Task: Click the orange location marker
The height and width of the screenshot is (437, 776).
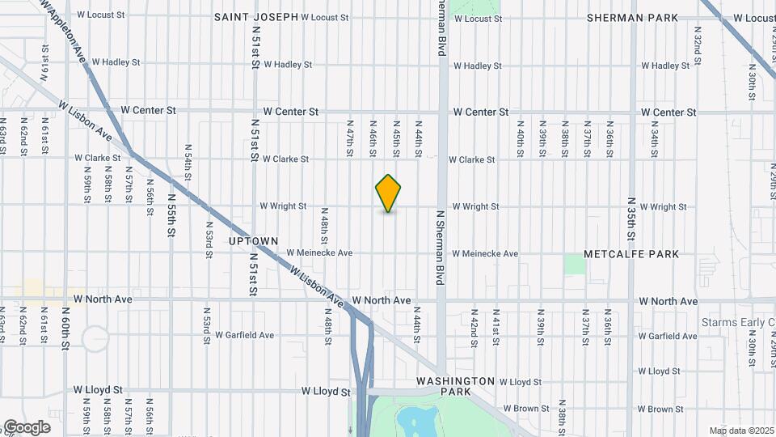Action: coord(388,193)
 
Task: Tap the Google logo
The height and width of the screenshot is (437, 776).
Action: coord(27,427)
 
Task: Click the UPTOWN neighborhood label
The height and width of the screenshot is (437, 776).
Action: coord(253,241)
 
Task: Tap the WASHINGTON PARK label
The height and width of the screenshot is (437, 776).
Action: coord(455,385)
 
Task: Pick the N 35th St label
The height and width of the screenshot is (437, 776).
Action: coord(631,219)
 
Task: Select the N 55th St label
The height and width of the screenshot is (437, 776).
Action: coord(171,214)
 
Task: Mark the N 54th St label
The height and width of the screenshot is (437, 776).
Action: coord(188,174)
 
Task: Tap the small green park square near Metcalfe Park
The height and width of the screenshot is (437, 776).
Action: coord(575,264)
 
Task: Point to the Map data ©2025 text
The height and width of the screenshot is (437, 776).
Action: coord(740,430)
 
